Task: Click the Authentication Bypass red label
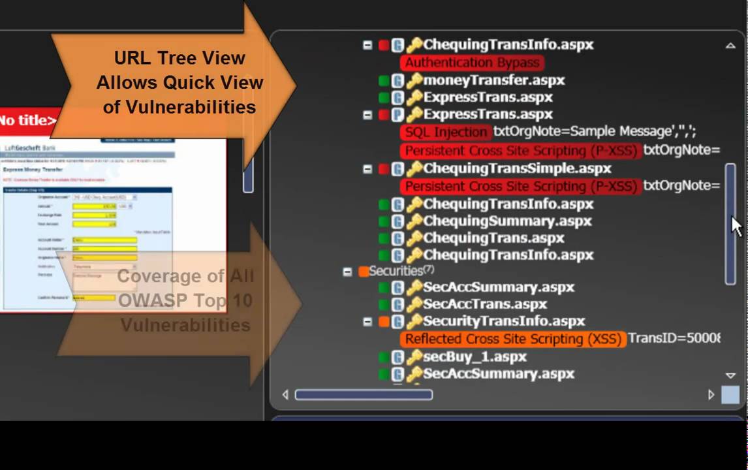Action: tap(472, 63)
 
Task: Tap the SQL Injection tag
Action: tap(446, 132)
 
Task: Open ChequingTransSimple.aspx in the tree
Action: tap(517, 168)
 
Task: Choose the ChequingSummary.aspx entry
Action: tap(507, 221)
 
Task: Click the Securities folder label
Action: tap(396, 271)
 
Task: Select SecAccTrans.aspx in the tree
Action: tap(485, 304)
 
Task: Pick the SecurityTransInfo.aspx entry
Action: tap(504, 321)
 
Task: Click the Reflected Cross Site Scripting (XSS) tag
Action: tap(513, 339)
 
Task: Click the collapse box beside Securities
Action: tap(348, 272)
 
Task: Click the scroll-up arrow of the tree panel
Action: tap(730, 46)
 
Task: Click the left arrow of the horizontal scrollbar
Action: tap(285, 394)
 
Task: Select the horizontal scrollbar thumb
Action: tap(364, 394)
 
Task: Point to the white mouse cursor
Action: tap(736, 226)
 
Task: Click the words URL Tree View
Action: tap(179, 58)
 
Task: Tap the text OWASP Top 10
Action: tap(185, 301)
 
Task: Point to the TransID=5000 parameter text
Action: tap(674, 339)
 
